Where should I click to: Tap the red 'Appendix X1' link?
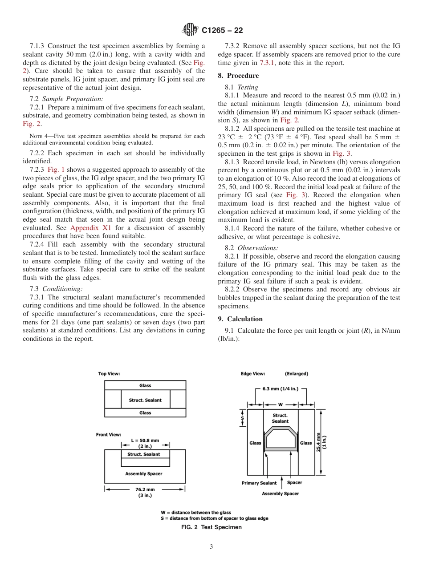[x=91, y=227]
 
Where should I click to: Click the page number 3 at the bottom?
[x=211, y=547]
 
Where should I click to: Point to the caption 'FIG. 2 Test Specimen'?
[x=211, y=527]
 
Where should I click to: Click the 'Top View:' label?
[x=109, y=374]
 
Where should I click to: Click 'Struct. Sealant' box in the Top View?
[x=145, y=400]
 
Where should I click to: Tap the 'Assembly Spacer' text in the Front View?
[x=144, y=474]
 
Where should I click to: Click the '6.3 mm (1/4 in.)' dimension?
[x=281, y=388]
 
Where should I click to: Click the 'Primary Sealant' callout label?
[x=259, y=483]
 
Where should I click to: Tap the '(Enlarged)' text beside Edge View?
[x=296, y=374]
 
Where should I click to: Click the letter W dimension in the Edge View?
[x=281, y=404]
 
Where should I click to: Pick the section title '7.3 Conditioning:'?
[x=53, y=289]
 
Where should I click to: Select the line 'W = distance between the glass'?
[x=196, y=513]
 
